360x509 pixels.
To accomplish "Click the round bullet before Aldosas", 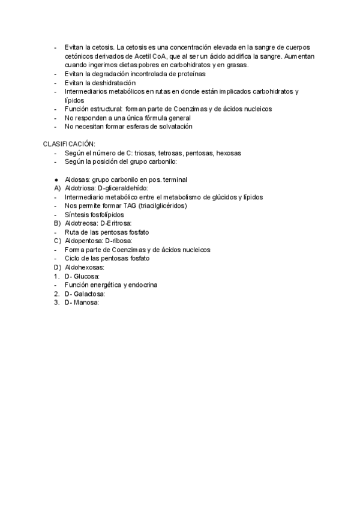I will [x=55, y=179].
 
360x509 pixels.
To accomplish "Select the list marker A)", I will [x=57, y=188].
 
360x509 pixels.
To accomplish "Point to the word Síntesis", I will [x=77, y=214].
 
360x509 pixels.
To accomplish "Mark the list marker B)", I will [x=57, y=223].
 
